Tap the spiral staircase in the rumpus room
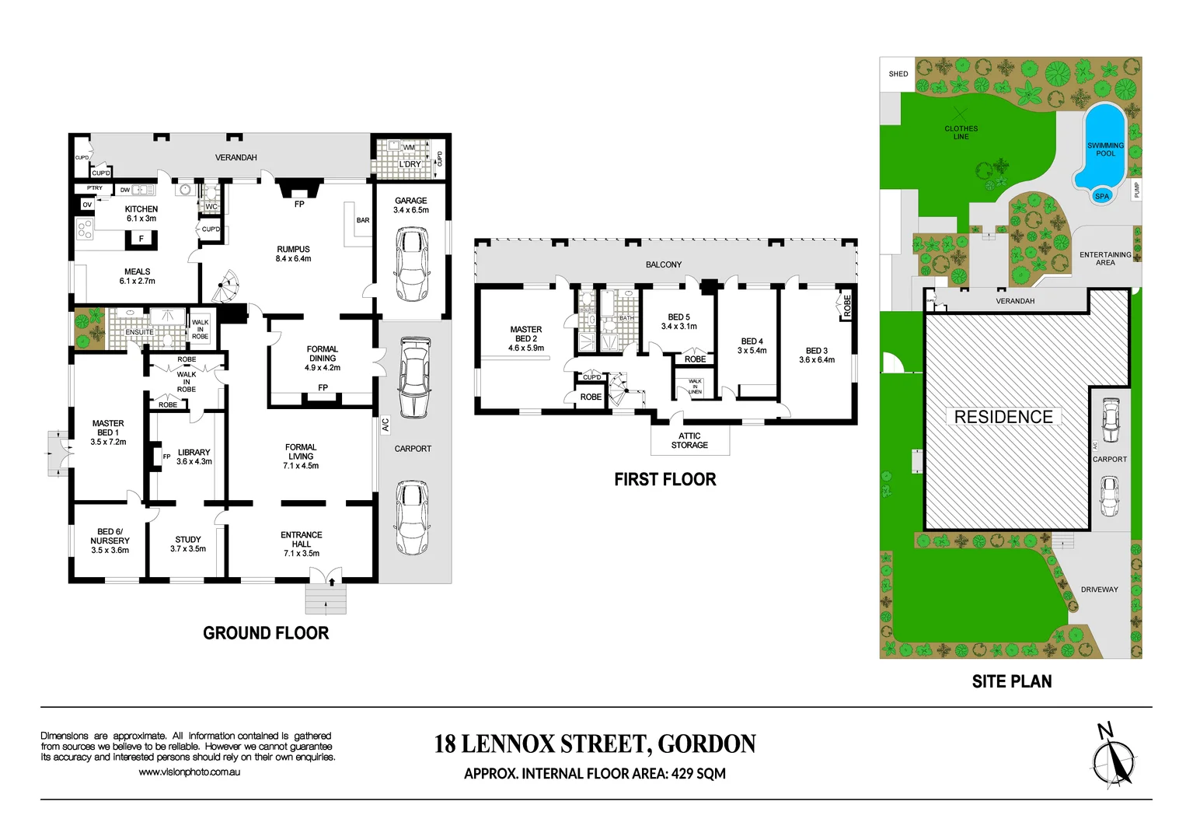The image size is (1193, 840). click(227, 287)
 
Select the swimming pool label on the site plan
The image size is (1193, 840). click(1105, 149)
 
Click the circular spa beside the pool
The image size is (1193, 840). click(1101, 196)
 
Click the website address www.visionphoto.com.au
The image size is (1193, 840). click(189, 772)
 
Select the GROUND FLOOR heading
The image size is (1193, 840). click(266, 633)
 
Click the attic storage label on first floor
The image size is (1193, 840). click(689, 440)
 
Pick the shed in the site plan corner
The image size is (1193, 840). click(898, 74)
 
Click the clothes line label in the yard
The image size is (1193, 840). click(961, 132)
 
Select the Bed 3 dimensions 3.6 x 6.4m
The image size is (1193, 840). click(817, 360)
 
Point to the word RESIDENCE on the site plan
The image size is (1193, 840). click(1003, 417)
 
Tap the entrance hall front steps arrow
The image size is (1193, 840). click(332, 580)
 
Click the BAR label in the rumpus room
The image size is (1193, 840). click(363, 220)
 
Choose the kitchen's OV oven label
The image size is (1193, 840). click(87, 205)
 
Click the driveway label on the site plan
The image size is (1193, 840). click(1099, 590)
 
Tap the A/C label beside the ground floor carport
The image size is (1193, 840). click(385, 425)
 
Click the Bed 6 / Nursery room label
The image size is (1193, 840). click(110, 541)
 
